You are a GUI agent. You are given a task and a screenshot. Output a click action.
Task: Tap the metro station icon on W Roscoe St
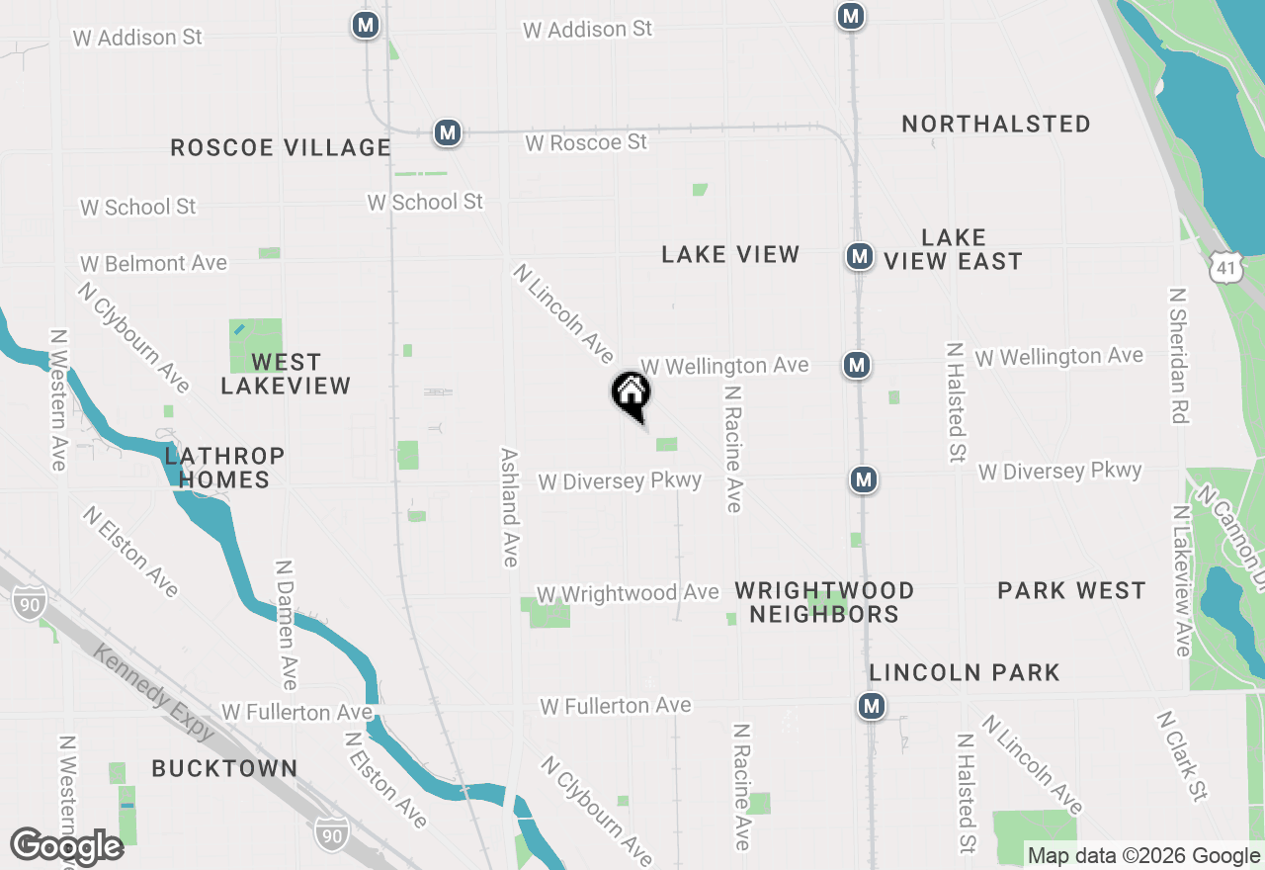pos(448,132)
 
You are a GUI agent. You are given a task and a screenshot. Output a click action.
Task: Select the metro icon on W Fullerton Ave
pos(871,706)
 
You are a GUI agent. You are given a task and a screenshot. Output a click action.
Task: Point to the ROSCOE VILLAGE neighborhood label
pos(281,148)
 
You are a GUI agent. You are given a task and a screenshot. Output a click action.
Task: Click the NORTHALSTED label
pos(996,125)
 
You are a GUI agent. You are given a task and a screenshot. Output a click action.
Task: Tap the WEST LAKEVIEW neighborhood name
pos(286,374)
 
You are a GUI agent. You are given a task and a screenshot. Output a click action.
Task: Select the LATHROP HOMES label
pos(224,468)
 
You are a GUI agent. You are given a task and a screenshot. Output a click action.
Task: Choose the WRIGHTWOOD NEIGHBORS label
pos(824,602)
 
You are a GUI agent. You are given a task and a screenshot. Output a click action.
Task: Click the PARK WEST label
pos(1071,591)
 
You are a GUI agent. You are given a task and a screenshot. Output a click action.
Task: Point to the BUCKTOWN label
pos(224,768)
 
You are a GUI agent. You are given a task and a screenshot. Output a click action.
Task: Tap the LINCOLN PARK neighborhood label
pos(965,673)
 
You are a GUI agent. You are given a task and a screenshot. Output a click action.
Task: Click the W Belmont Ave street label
pos(154,264)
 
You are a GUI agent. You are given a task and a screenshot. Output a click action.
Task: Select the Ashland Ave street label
pos(509,508)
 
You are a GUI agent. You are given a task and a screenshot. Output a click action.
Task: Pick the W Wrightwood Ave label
pos(628,593)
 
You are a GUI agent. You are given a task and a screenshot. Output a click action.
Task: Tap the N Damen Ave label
pos(286,625)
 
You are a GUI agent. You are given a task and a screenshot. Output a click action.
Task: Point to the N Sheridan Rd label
pos(1176,356)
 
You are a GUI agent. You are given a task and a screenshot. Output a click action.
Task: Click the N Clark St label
pos(1181,755)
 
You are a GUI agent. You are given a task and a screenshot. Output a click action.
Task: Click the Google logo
pos(66,847)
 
